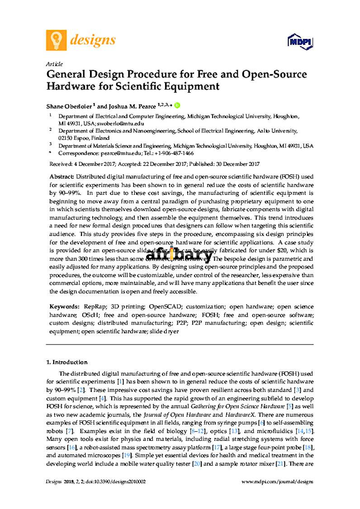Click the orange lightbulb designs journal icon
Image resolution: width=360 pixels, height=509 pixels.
tap(56, 40)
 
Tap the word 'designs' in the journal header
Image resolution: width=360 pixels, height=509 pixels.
tap(93, 40)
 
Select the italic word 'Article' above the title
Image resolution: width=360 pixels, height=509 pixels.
tap(54, 64)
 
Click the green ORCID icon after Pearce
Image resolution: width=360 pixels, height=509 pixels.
tap(177, 105)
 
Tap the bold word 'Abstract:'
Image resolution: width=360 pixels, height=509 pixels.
tap(62, 175)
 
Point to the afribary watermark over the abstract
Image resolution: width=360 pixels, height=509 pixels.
tap(179, 255)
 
